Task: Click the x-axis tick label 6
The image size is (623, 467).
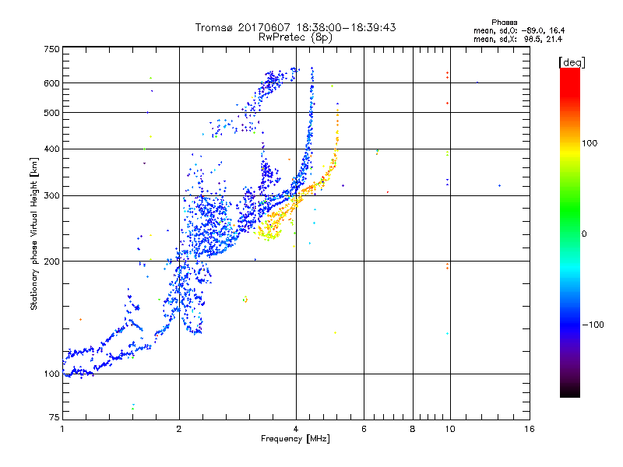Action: point(364,429)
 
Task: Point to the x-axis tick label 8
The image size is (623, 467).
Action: point(413,429)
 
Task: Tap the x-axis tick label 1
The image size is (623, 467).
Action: point(62,429)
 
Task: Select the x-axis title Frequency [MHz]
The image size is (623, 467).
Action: point(296,439)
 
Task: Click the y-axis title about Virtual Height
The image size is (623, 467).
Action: point(34,233)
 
